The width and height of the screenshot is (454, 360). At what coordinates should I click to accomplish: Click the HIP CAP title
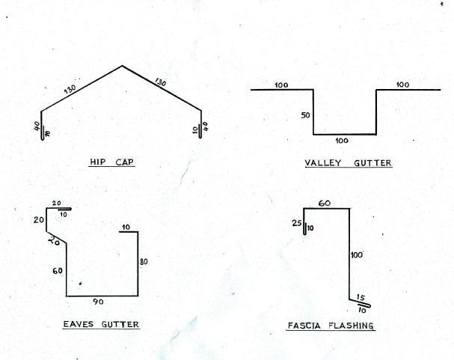tap(111, 162)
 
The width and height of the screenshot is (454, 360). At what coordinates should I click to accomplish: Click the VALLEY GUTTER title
tap(349, 163)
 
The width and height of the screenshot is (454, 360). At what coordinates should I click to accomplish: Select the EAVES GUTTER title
tap(101, 324)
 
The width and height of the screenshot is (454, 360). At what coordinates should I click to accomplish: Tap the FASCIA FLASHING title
tap(331, 326)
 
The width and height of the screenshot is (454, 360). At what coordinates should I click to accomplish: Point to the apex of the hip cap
tap(122, 66)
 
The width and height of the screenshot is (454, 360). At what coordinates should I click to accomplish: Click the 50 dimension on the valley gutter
tap(305, 115)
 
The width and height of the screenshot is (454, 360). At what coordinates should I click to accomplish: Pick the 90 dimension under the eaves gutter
tap(98, 302)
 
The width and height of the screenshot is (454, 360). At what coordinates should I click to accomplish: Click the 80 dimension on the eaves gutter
tap(144, 262)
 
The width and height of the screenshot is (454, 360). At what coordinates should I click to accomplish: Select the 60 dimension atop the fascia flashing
tap(325, 204)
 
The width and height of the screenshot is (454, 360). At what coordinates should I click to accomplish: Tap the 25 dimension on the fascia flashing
tap(297, 223)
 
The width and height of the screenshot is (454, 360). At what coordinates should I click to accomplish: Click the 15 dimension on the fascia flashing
tap(361, 297)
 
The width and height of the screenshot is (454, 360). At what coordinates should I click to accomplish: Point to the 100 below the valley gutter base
tap(342, 141)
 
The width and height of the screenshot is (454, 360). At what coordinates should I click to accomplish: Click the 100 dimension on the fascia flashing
tap(357, 255)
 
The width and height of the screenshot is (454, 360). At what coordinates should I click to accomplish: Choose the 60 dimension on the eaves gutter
tap(58, 271)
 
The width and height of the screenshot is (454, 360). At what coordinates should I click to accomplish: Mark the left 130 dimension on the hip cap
tap(70, 89)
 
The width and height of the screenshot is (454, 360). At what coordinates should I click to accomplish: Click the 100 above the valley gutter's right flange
tap(402, 85)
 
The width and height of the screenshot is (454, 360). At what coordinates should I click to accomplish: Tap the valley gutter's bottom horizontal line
tap(345, 135)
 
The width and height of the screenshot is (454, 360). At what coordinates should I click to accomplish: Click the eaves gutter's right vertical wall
tap(138, 264)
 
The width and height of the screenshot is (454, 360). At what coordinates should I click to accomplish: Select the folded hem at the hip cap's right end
tap(200, 132)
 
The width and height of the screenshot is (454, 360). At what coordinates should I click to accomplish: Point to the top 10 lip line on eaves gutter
tap(129, 232)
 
